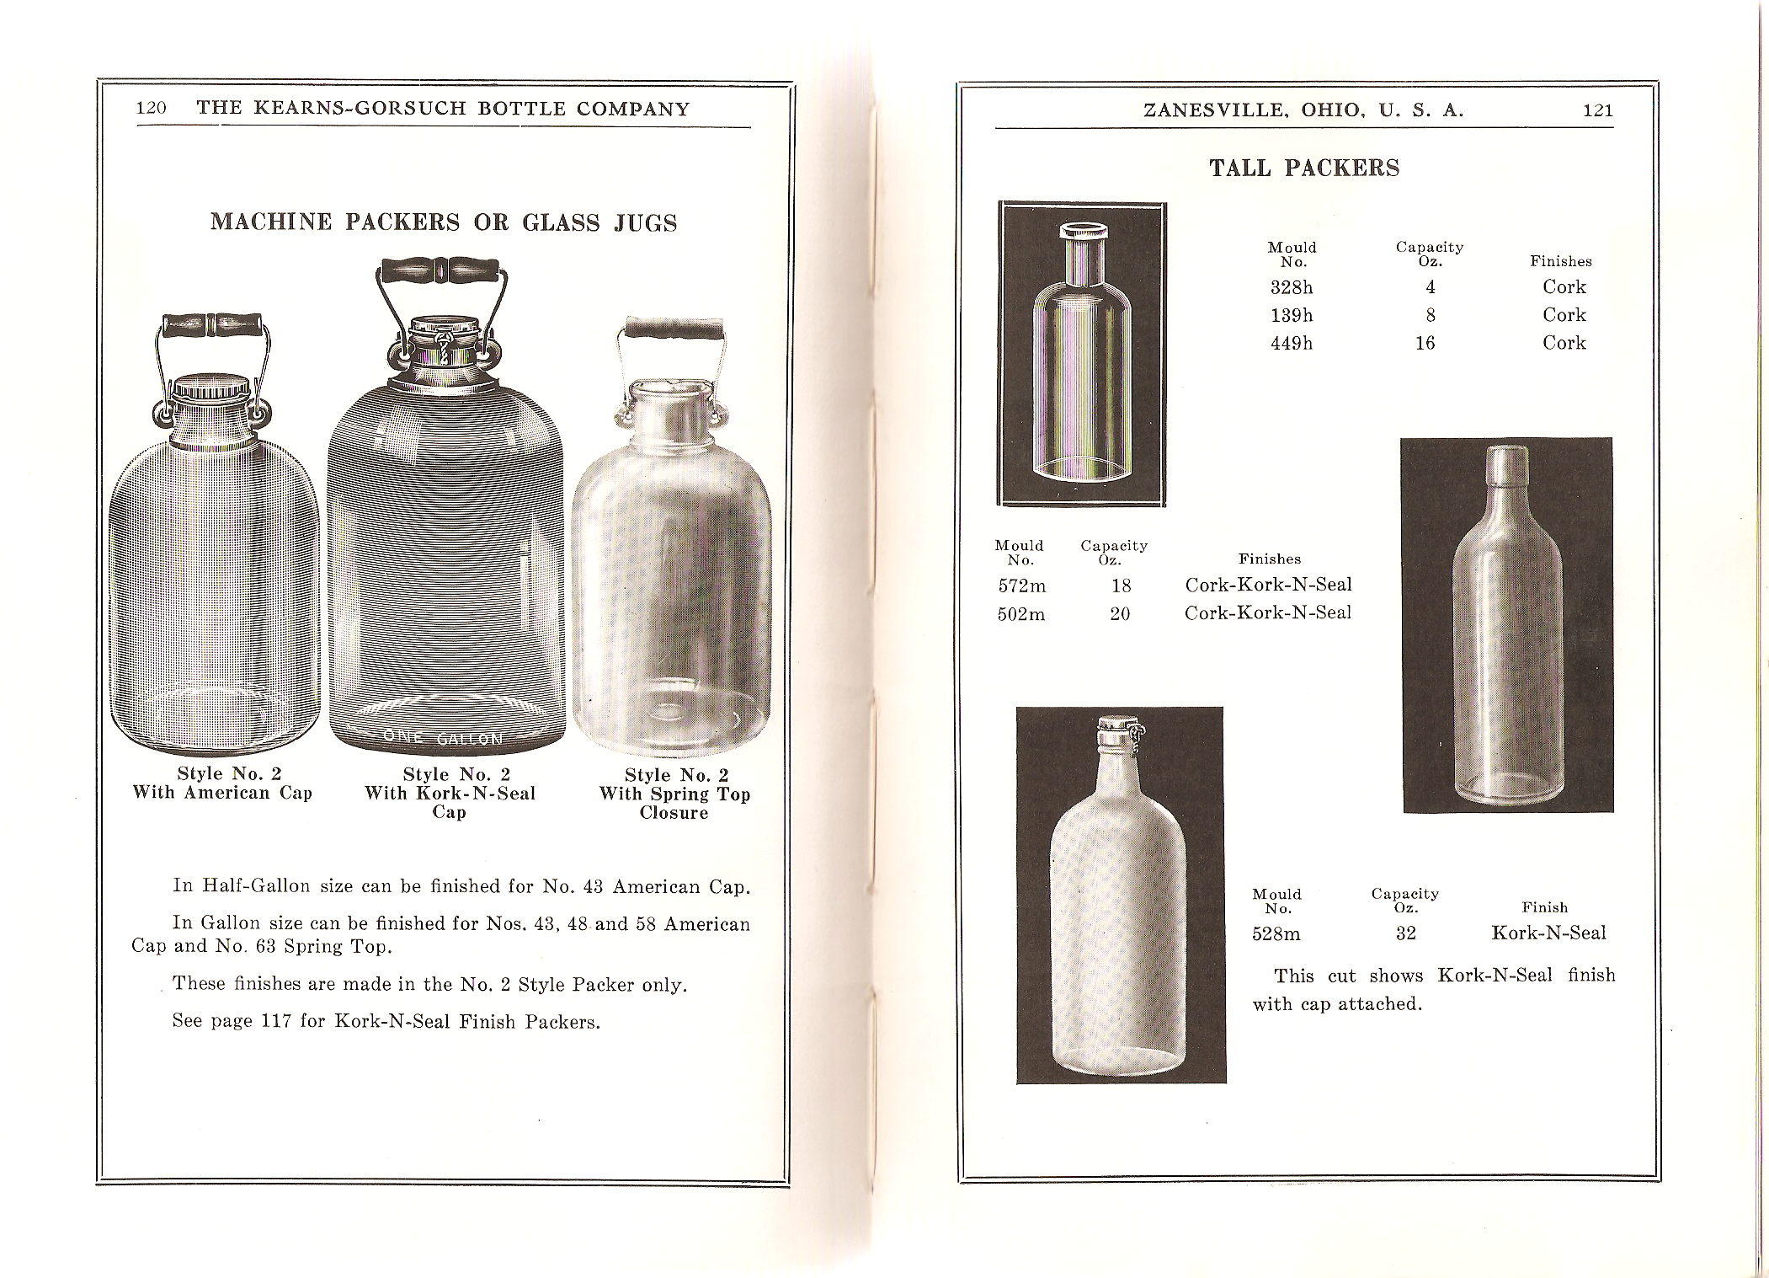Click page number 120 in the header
click(152, 109)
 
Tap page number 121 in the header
click(1597, 110)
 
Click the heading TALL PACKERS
click(1304, 168)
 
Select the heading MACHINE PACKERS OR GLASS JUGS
click(444, 222)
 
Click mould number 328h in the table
click(1292, 287)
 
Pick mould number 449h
click(1292, 343)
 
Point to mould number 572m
click(1020, 586)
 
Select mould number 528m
click(1276, 933)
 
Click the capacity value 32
click(1405, 933)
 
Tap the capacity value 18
click(1121, 586)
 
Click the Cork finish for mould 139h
click(1564, 315)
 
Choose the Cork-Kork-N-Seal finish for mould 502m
click(1267, 613)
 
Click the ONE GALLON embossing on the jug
click(443, 738)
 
